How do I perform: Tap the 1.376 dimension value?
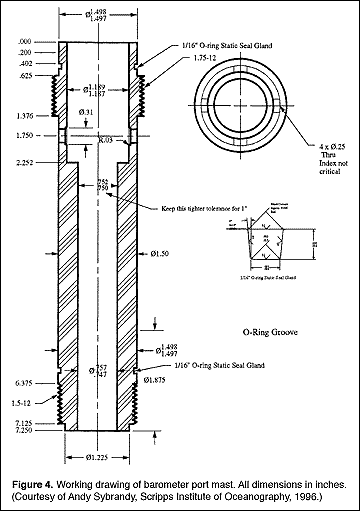[x=29, y=116]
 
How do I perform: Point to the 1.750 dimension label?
[x=29, y=134]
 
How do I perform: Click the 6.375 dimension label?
[x=29, y=382]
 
